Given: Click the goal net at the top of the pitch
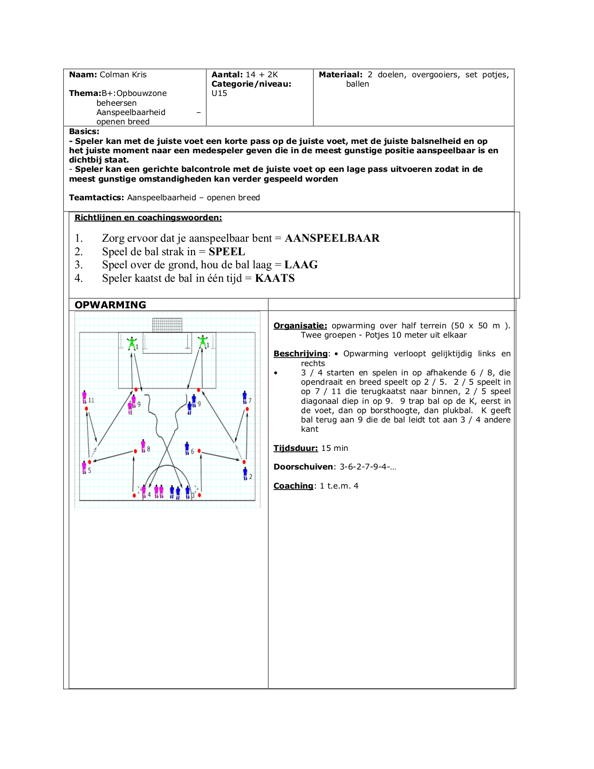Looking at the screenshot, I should [167, 325].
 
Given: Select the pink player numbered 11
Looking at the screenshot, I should [84, 397].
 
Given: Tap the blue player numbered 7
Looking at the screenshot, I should [245, 397].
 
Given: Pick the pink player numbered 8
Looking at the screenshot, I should [143, 446].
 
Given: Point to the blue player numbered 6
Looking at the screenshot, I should [187, 448].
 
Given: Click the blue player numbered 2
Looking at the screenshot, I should [245, 474].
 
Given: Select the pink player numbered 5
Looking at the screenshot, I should [84, 467].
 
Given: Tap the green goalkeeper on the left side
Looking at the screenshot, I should [132, 343].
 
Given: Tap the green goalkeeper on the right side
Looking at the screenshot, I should [203, 342].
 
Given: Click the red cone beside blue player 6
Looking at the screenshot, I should [199, 451].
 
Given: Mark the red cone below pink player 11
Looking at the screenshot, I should [87, 408].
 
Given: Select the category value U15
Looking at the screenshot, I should [219, 93].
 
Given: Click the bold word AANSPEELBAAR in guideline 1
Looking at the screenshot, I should [332, 238].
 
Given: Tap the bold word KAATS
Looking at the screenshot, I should [275, 278].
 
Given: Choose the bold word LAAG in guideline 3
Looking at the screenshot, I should [301, 265].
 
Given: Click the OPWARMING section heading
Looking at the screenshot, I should [110, 305].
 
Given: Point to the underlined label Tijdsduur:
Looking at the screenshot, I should [296, 448].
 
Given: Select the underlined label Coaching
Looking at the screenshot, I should [294, 486].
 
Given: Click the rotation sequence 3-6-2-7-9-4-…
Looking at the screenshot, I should [368, 467].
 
